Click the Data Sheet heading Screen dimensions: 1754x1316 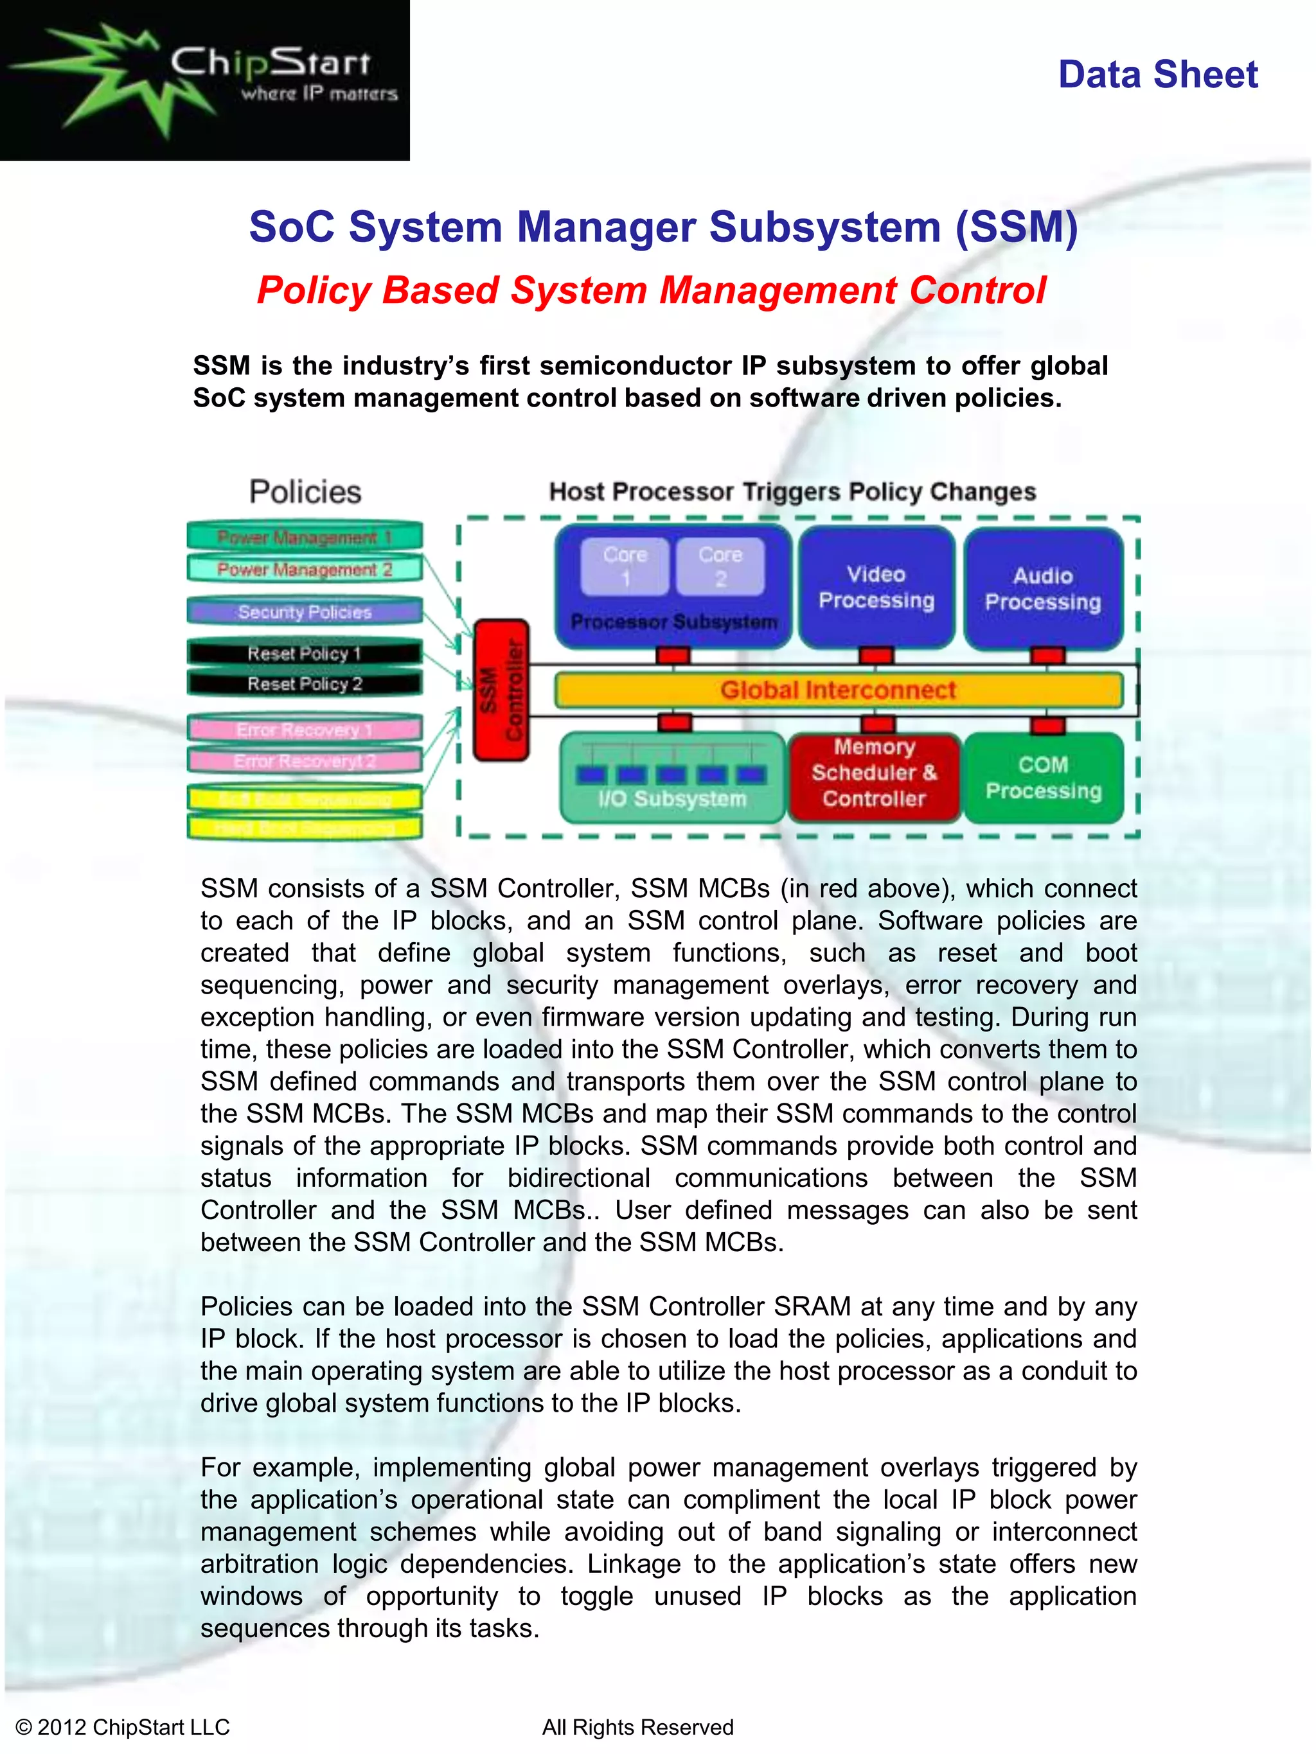[1157, 75]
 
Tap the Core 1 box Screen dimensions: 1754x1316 [625, 566]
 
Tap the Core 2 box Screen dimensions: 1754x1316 [720, 566]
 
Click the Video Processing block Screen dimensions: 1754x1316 [876, 587]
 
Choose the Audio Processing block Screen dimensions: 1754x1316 [1043, 588]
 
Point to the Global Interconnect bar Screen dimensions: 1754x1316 [838, 690]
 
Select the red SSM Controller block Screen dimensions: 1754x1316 [501, 690]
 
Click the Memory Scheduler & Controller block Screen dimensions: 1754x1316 [874, 773]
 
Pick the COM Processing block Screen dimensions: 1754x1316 [1043, 777]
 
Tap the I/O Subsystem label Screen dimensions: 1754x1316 [673, 798]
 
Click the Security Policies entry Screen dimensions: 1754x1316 [305, 612]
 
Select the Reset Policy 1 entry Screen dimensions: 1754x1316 [305, 653]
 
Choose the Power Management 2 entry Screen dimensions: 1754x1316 [305, 569]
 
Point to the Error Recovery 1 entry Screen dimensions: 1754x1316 [305, 730]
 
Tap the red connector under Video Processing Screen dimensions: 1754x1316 [876, 656]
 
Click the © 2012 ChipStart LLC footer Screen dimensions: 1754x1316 [123, 1727]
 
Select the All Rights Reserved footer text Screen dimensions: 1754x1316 [638, 1727]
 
